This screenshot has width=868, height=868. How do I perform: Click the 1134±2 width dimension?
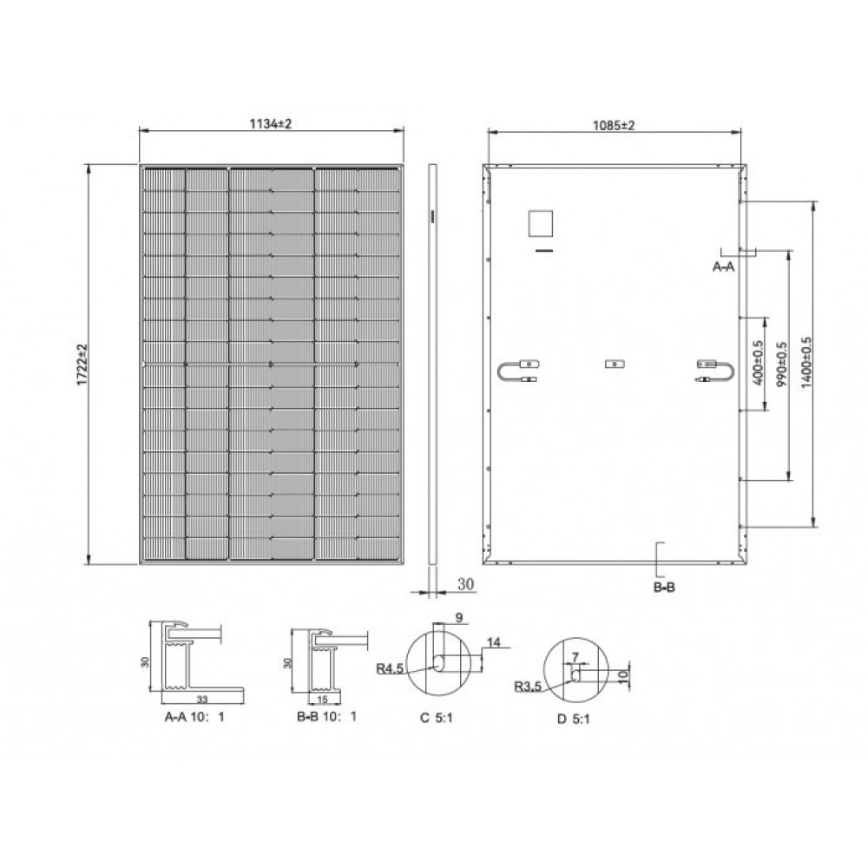click(272, 124)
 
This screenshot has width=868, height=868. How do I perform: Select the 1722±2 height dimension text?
click(83, 364)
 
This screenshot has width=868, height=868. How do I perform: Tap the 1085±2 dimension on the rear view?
click(615, 124)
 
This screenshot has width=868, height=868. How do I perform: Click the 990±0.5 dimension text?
click(781, 365)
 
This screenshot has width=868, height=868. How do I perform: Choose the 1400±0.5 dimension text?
click(806, 364)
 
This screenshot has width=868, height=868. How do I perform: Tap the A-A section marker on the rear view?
click(724, 267)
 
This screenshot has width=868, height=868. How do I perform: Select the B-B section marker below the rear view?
click(663, 588)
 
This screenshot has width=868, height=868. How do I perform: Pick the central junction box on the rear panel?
click(615, 363)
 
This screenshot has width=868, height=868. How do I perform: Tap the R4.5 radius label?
click(390, 668)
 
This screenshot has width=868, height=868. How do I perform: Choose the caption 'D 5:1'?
click(574, 720)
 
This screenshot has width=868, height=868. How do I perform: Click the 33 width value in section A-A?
click(202, 698)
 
